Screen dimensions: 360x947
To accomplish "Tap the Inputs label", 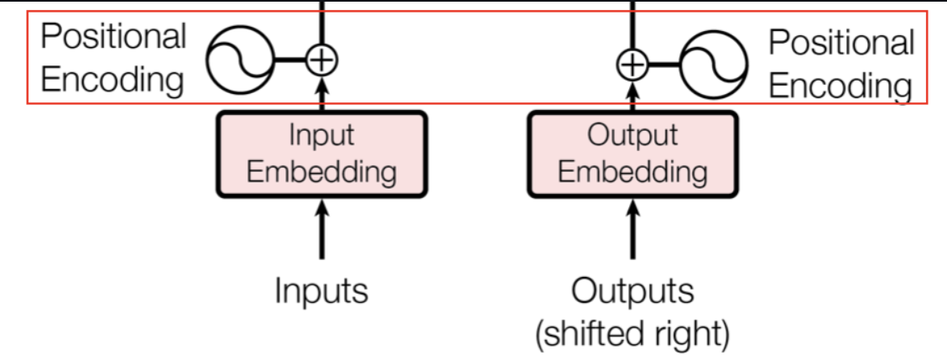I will (x=321, y=290).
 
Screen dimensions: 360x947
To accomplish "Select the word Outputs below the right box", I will (x=632, y=290).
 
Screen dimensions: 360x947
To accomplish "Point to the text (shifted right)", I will (x=632, y=333).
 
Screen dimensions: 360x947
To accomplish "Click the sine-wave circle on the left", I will (x=241, y=60).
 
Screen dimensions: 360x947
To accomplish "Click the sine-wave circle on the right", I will (x=713, y=64).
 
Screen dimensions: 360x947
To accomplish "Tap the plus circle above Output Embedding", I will (x=632, y=64).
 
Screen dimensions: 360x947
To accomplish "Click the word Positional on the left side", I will (x=114, y=38).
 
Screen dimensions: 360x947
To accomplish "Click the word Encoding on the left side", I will (x=112, y=81).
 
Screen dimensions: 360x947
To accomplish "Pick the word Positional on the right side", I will (x=841, y=42).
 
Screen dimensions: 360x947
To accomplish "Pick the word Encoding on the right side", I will (x=840, y=86).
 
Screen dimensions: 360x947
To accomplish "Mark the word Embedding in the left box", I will (x=322, y=171).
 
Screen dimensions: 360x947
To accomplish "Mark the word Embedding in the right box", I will (x=632, y=171).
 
